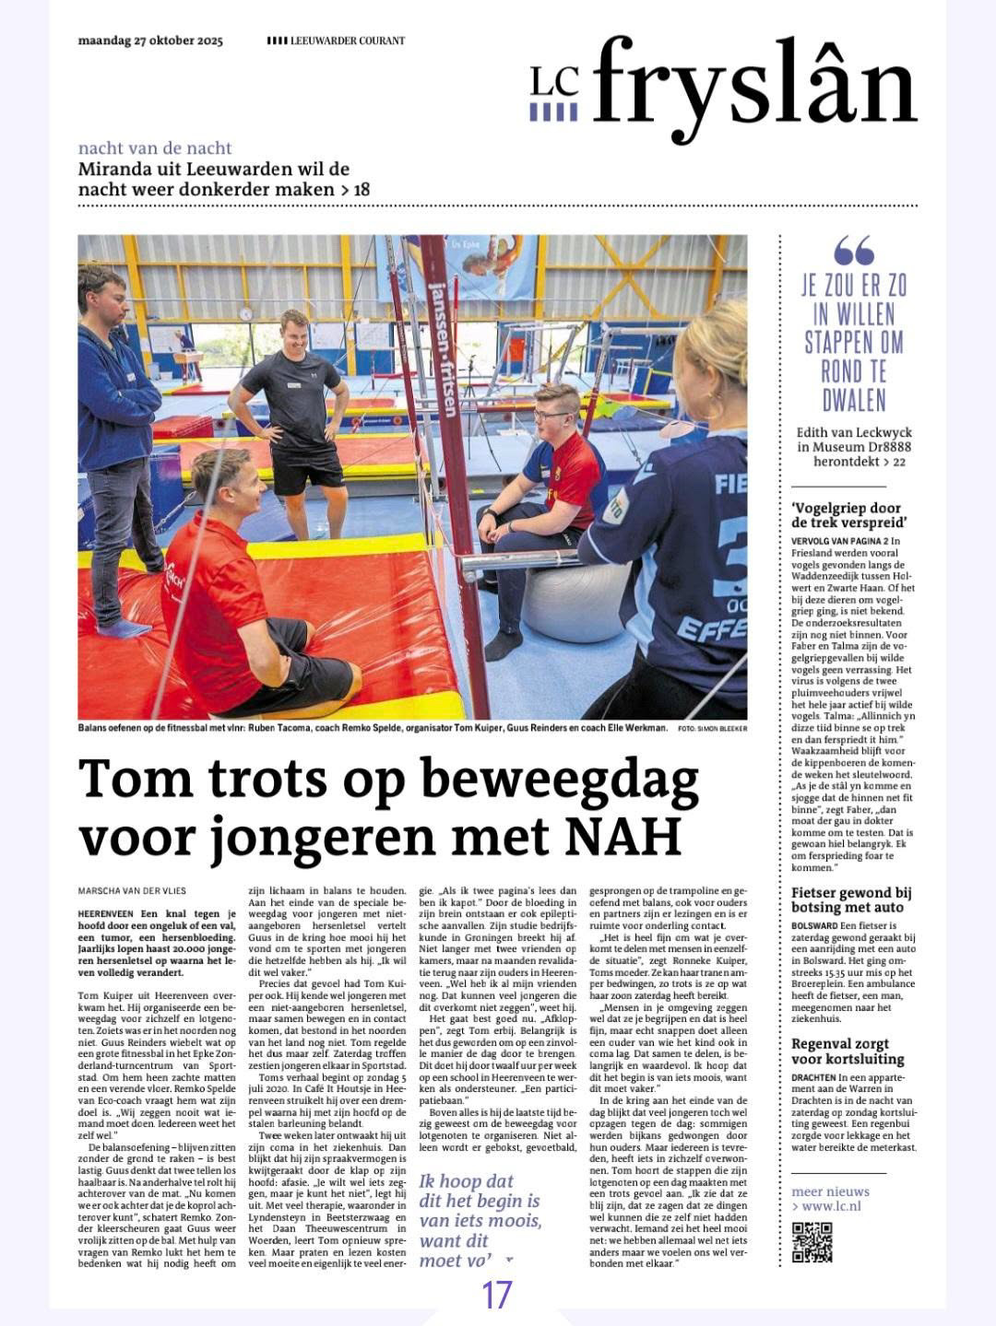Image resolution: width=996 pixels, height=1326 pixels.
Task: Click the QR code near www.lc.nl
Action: (x=812, y=1241)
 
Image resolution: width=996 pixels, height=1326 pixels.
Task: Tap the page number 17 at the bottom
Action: (x=497, y=1295)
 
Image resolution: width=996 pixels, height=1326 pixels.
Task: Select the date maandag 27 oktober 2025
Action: (x=150, y=41)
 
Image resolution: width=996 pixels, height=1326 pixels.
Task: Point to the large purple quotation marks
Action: (x=853, y=251)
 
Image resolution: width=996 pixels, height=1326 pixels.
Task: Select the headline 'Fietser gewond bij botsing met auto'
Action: (x=851, y=899)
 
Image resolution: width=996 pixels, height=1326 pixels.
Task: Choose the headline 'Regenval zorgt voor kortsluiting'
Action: (x=847, y=1051)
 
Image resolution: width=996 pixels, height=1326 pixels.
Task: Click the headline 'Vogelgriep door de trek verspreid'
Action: (x=846, y=515)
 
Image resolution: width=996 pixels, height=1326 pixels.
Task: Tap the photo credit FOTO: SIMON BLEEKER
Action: (x=711, y=728)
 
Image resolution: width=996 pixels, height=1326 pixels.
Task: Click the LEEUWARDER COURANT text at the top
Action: (x=347, y=41)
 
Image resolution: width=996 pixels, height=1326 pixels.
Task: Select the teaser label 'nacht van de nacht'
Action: (x=155, y=148)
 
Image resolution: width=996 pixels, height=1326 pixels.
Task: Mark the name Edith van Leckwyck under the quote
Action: (x=853, y=433)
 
